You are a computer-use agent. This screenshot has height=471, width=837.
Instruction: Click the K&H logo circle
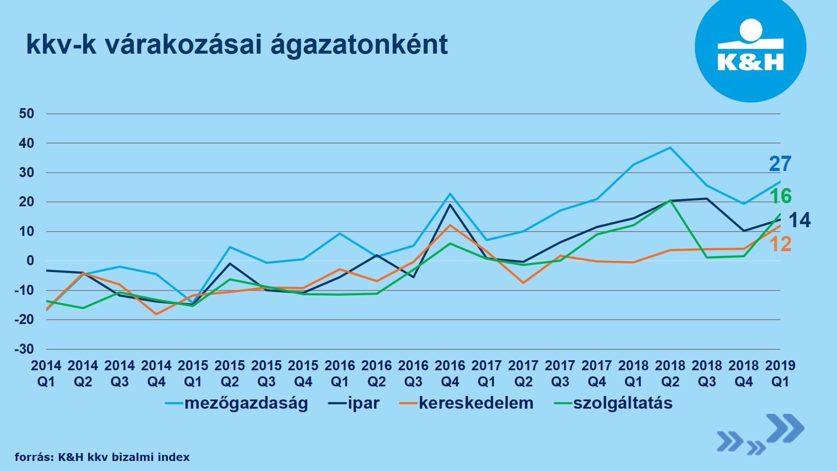[750, 47]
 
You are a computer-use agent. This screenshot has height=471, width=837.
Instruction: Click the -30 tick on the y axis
[24, 349]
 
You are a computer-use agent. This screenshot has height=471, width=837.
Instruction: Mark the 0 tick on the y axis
[30, 261]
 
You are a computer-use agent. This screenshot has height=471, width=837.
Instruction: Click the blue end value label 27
[780, 164]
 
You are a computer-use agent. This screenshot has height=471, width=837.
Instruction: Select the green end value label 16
[781, 196]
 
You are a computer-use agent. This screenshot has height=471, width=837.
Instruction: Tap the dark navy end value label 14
[800, 220]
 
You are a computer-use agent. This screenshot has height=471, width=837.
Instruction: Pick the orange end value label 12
[780, 244]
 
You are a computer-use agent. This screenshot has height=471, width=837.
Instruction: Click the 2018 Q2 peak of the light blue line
[670, 147]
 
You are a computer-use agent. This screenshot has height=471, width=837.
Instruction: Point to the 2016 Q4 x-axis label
[450, 373]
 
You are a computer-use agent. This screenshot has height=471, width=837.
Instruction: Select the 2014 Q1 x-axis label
[46, 373]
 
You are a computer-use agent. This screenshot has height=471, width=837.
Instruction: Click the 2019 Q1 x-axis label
[780, 373]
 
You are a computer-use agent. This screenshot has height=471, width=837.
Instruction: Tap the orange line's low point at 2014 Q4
[156, 314]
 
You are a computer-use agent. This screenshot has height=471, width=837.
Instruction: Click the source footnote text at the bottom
[102, 457]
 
